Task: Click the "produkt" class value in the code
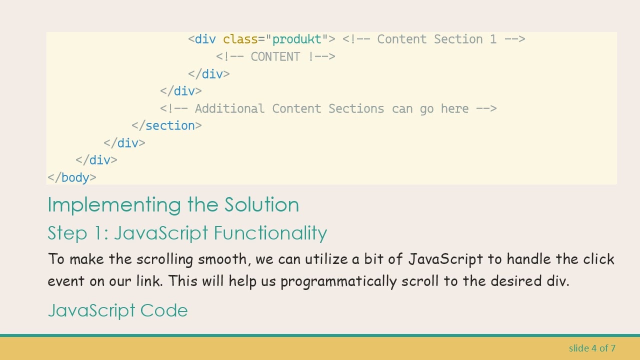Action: [x=296, y=39]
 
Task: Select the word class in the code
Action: [x=240, y=39]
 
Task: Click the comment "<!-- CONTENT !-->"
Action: [x=275, y=57]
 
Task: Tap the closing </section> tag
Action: [x=167, y=126]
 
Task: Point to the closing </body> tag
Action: [x=72, y=178]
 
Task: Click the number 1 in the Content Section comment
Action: [x=493, y=39]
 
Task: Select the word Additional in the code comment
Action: [x=229, y=109]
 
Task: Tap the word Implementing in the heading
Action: [x=115, y=205]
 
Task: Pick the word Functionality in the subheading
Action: [x=270, y=233]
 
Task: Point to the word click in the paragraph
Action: [x=598, y=259]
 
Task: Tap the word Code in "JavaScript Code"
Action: [x=164, y=310]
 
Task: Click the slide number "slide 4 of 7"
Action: [x=592, y=348]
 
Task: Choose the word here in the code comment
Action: [x=454, y=109]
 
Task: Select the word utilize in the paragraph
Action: [x=326, y=259]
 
